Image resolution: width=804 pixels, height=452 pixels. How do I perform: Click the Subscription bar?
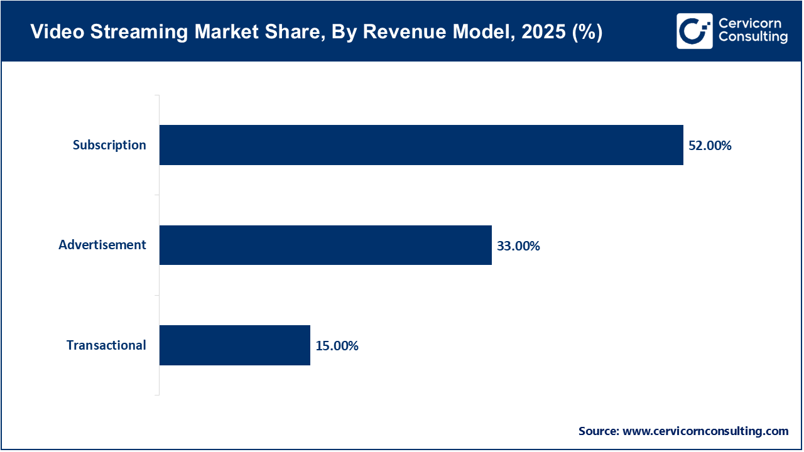[x=421, y=145]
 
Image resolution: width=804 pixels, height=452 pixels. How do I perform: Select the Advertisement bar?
[x=325, y=245]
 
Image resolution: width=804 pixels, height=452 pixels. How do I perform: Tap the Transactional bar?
[x=234, y=345]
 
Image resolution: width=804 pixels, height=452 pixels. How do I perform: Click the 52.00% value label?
[x=710, y=146]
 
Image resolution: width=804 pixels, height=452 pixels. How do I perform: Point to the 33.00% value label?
[x=518, y=245]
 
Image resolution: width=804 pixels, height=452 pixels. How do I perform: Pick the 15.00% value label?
[x=337, y=345]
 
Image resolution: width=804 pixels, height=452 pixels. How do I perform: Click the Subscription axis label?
[x=109, y=145]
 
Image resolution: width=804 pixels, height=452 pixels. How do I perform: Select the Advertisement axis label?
[x=102, y=245]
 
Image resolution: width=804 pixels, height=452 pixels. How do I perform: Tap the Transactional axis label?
[x=106, y=345]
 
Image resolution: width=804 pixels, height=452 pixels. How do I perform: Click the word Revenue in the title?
[x=398, y=33]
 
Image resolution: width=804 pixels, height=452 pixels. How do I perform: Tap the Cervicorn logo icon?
[x=694, y=31]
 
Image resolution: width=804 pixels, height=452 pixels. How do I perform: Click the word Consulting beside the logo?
[x=753, y=37]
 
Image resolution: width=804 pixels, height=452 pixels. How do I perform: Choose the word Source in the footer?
[x=598, y=431]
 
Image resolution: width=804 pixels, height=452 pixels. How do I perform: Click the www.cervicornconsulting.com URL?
[x=705, y=431]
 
